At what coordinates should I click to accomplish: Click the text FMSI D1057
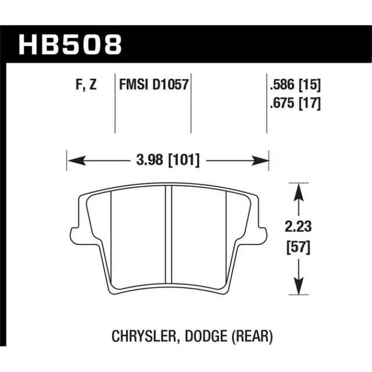tap(154, 86)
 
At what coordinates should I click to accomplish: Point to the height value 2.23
tap(298, 226)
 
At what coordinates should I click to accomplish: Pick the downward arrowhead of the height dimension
tap(298, 287)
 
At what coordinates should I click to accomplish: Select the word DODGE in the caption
tap(205, 335)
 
